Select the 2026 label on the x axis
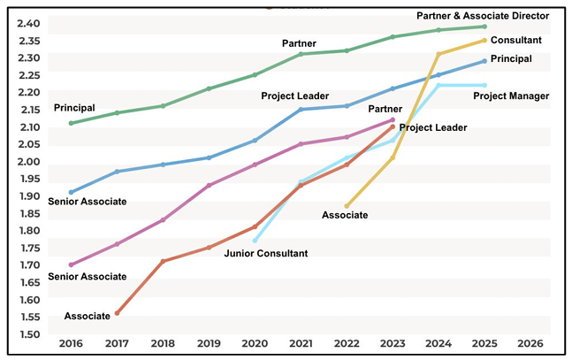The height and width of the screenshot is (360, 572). (530, 343)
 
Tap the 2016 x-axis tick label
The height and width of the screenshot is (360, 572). (71, 343)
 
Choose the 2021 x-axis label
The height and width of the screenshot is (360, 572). (301, 343)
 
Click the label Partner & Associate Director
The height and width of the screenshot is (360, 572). (483, 16)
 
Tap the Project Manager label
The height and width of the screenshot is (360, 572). (511, 96)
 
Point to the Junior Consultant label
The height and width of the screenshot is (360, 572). (266, 254)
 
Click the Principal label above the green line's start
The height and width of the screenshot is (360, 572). (74, 108)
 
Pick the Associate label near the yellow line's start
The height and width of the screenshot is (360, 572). (345, 215)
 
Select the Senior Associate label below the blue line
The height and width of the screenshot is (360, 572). (86, 202)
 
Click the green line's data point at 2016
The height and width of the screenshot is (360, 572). (71, 123)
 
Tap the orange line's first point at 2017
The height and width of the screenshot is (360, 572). (117, 313)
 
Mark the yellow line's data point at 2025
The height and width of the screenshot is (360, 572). (484, 40)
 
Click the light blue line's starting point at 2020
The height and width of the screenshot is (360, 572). (255, 241)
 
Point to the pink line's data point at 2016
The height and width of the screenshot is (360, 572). (71, 264)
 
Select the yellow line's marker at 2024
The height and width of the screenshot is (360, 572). (439, 54)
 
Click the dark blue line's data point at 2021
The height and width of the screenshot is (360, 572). (301, 110)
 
